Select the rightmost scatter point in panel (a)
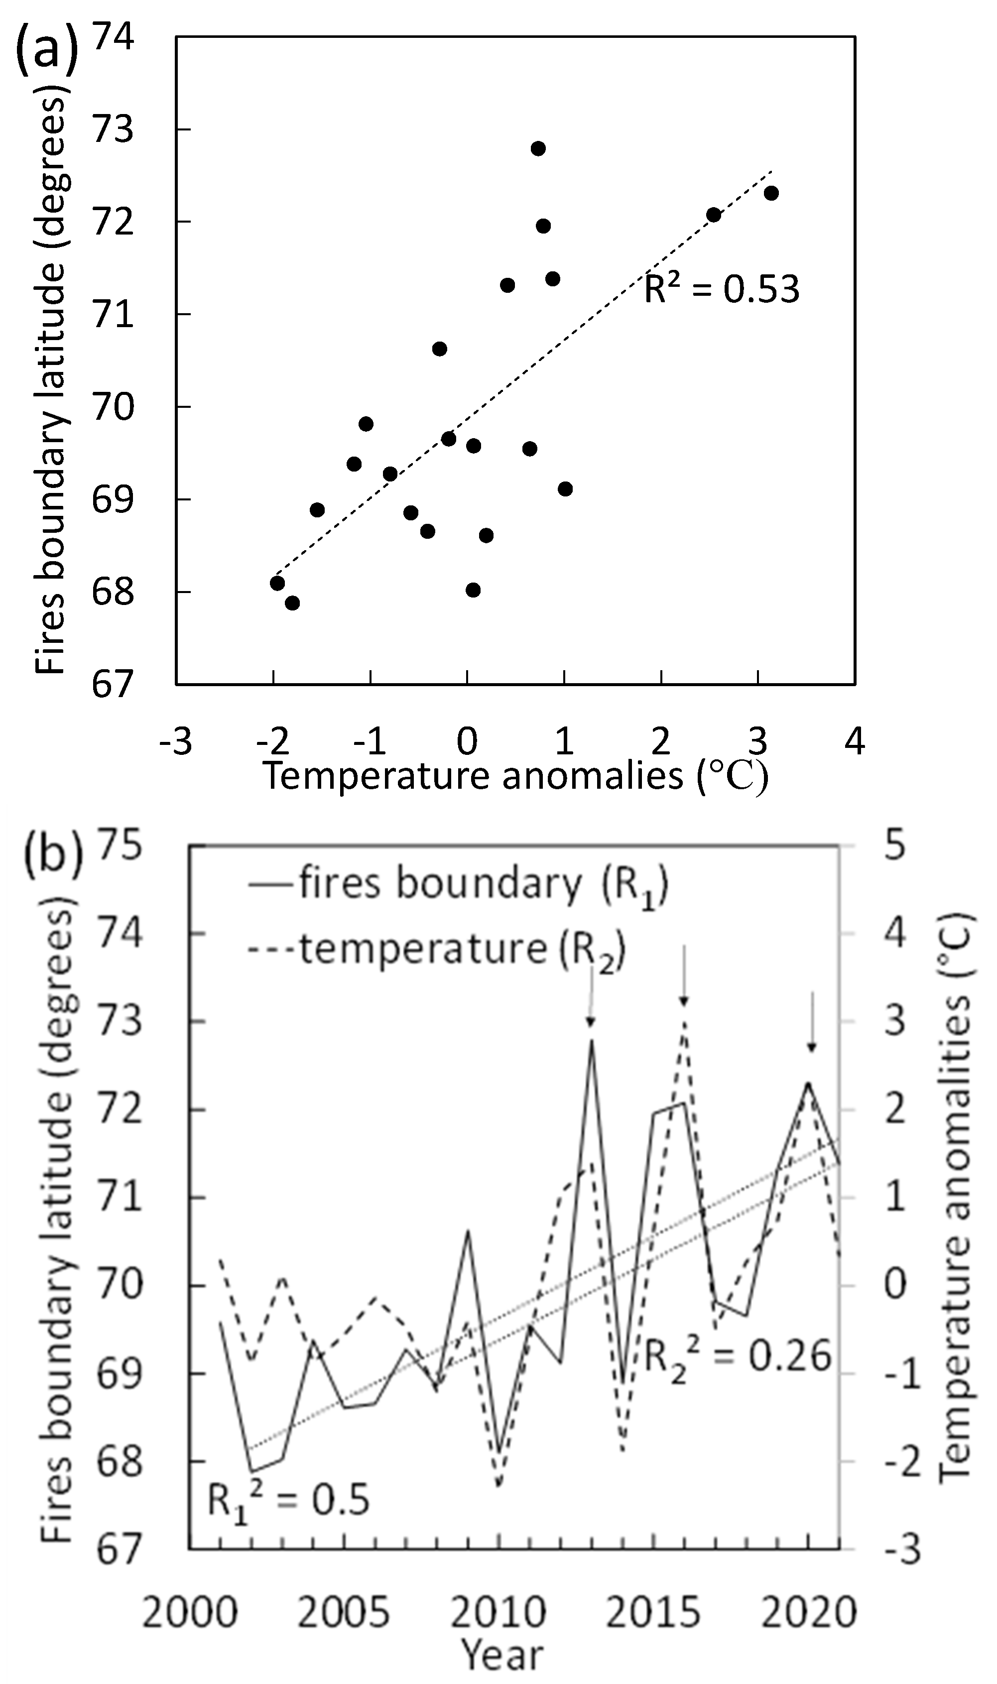pyautogui.click(x=771, y=193)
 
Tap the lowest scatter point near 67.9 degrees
pyautogui.click(x=292, y=602)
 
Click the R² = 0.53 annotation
pyautogui.click(x=722, y=289)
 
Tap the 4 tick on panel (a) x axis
pyautogui.click(x=854, y=742)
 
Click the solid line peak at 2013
pyautogui.click(x=591, y=1040)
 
